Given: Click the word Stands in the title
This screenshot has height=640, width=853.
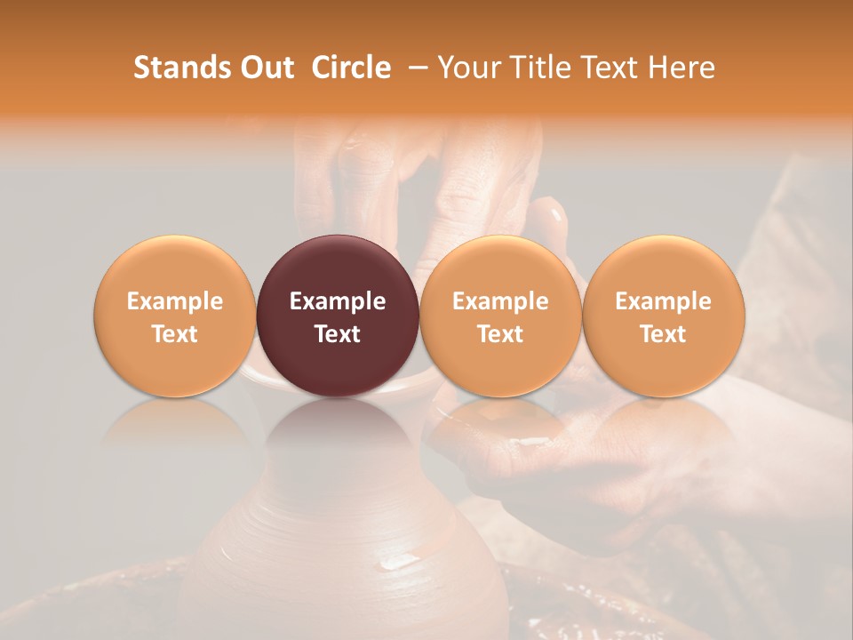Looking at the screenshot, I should [179, 68].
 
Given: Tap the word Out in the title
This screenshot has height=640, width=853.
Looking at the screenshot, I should [265, 68].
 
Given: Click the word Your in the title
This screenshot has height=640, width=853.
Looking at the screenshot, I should [466, 68].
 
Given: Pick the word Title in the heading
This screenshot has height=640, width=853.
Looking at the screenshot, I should [528, 68].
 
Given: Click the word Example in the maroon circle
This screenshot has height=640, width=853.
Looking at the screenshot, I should [338, 301].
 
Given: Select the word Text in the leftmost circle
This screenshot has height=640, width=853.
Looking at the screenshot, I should [175, 334].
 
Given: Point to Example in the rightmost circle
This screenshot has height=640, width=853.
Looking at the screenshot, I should [664, 301].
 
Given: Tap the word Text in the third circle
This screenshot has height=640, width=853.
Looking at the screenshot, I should [500, 334].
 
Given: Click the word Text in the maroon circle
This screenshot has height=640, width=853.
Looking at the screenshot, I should [338, 334].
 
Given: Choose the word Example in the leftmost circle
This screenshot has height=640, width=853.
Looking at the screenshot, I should [175, 301].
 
